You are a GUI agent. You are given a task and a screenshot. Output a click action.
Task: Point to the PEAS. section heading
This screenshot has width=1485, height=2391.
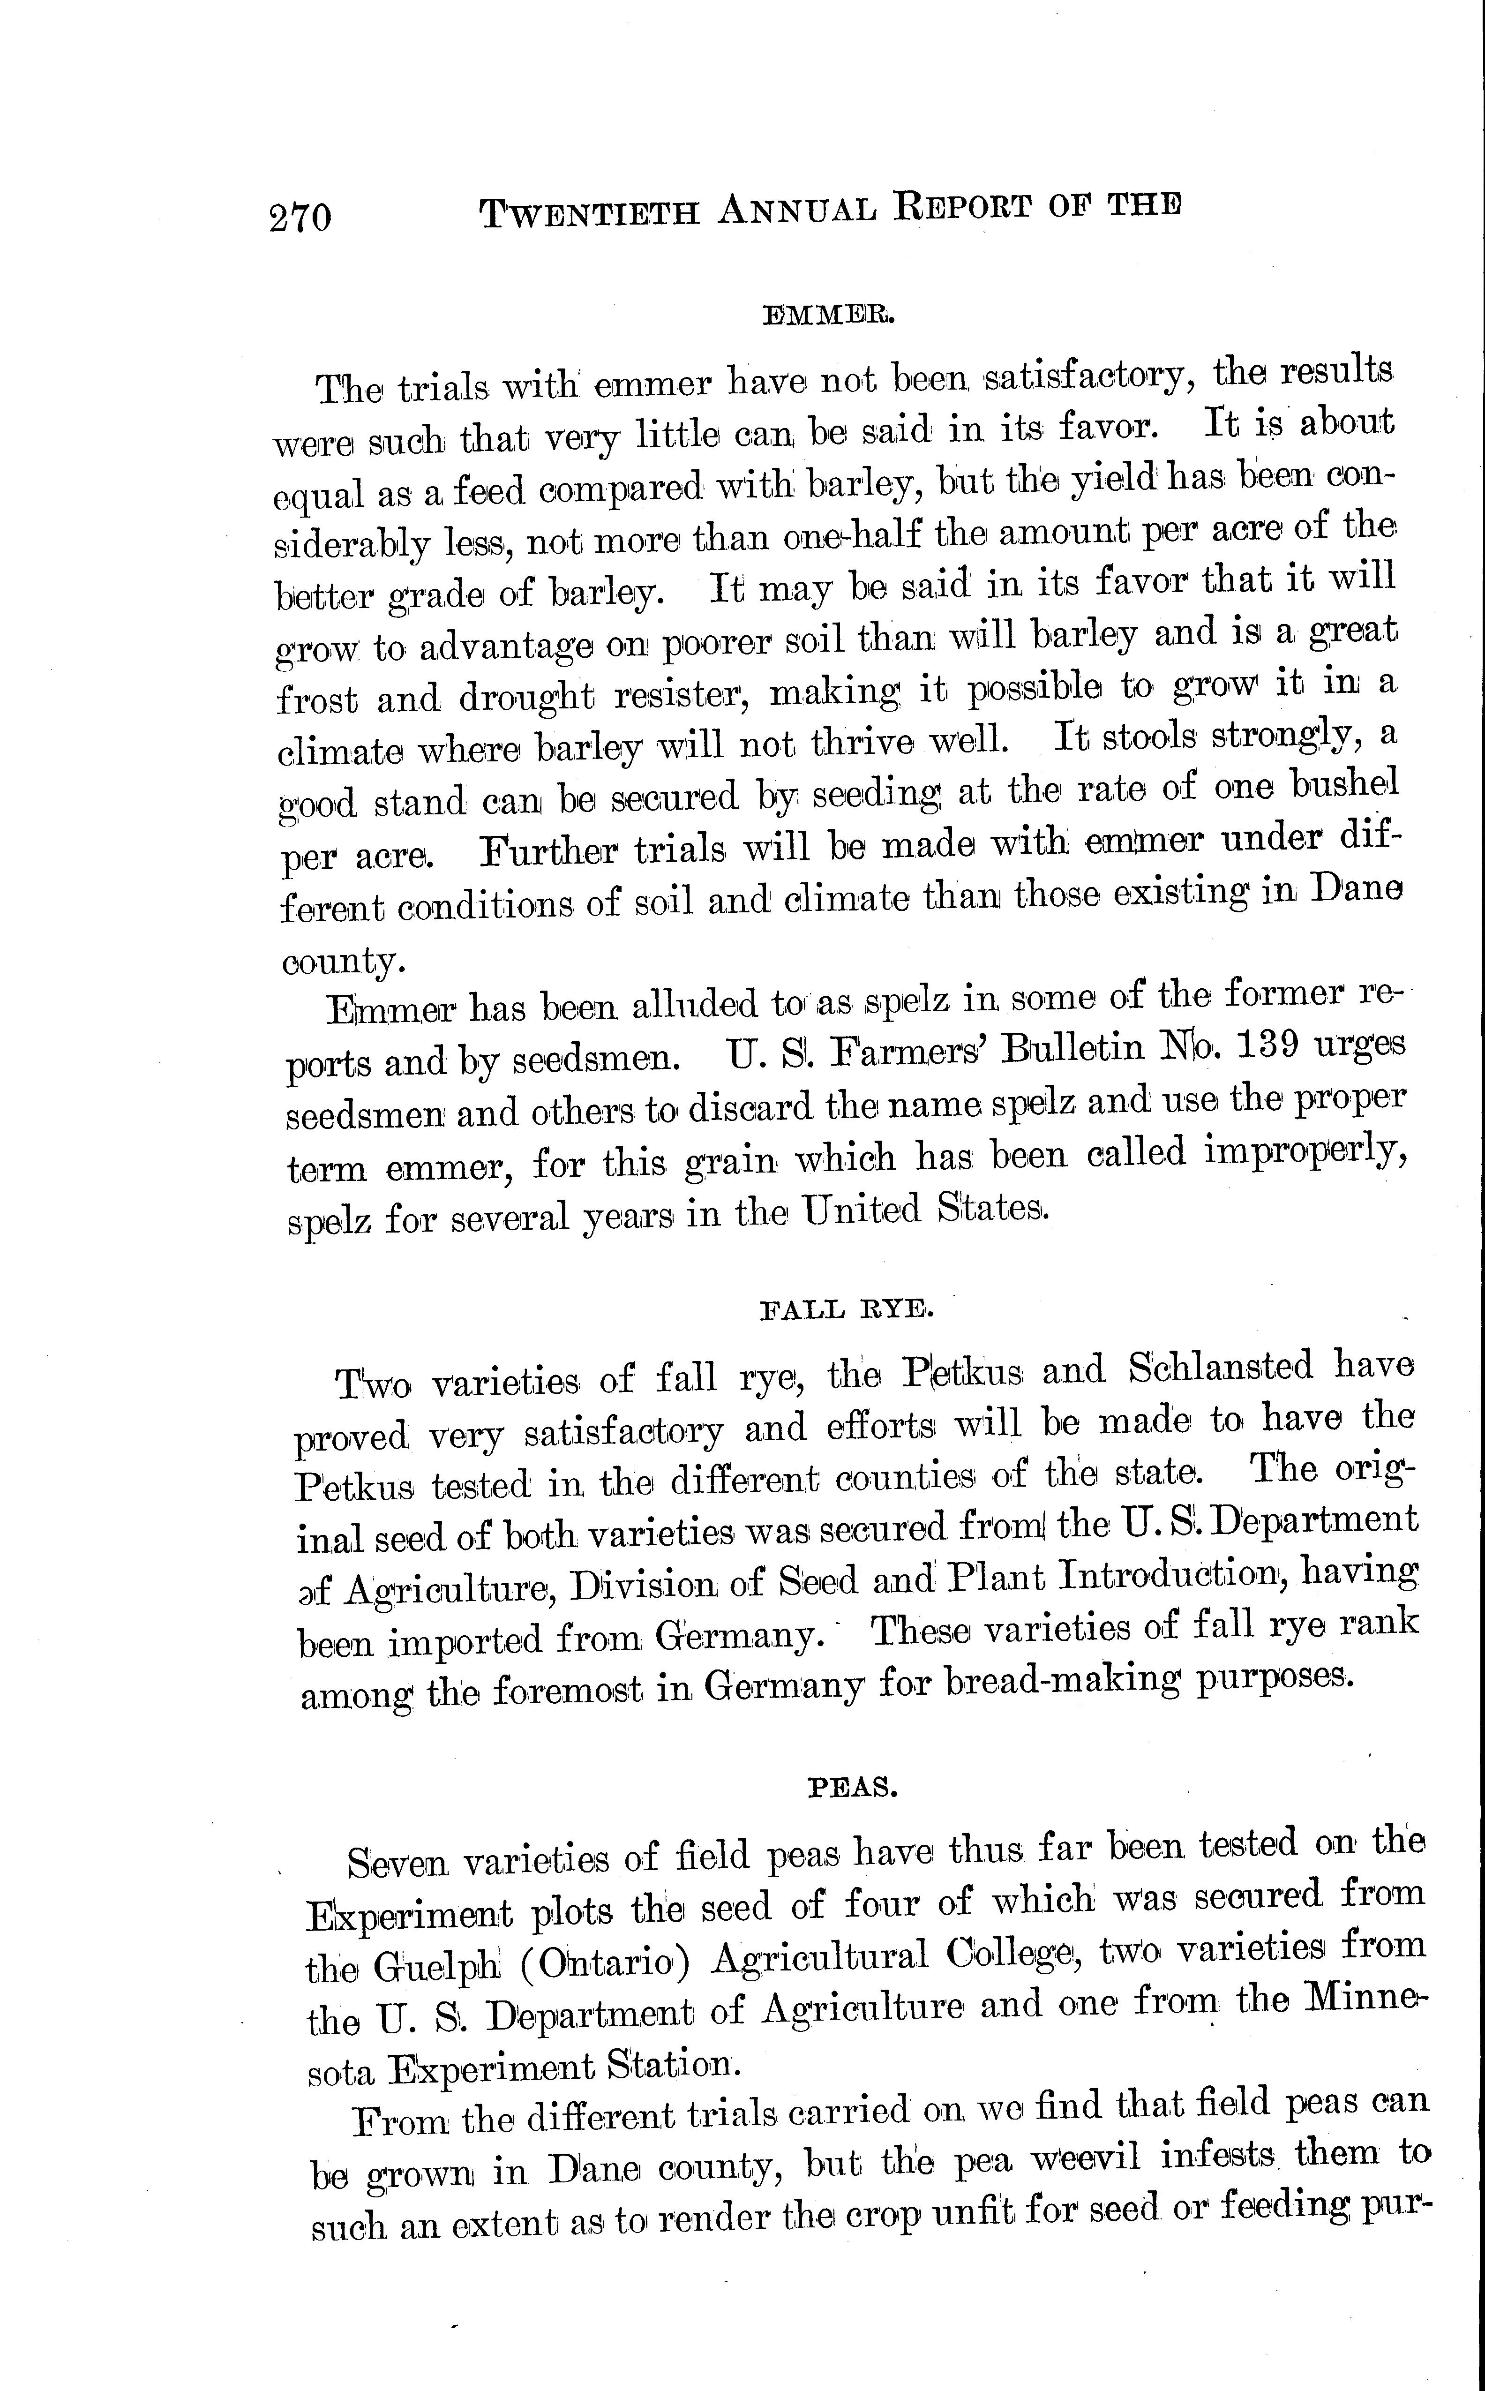853,1788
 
